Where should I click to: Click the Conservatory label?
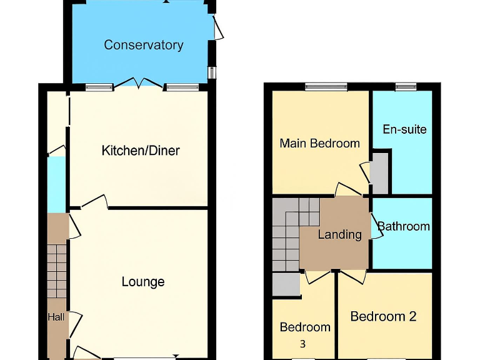[143, 45]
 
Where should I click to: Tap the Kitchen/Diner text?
[141, 151]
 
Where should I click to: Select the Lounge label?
[143, 282]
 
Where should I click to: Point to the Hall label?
[56, 317]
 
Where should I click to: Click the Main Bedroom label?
[319, 143]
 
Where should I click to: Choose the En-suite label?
[404, 129]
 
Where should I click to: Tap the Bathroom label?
[404, 226]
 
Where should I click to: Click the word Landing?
[339, 235]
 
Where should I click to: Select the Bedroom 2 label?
[383, 316]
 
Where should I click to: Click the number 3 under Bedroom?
[302, 344]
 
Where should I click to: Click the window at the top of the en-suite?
[406, 87]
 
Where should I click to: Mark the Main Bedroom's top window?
[326, 87]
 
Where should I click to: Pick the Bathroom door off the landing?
[376, 226]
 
